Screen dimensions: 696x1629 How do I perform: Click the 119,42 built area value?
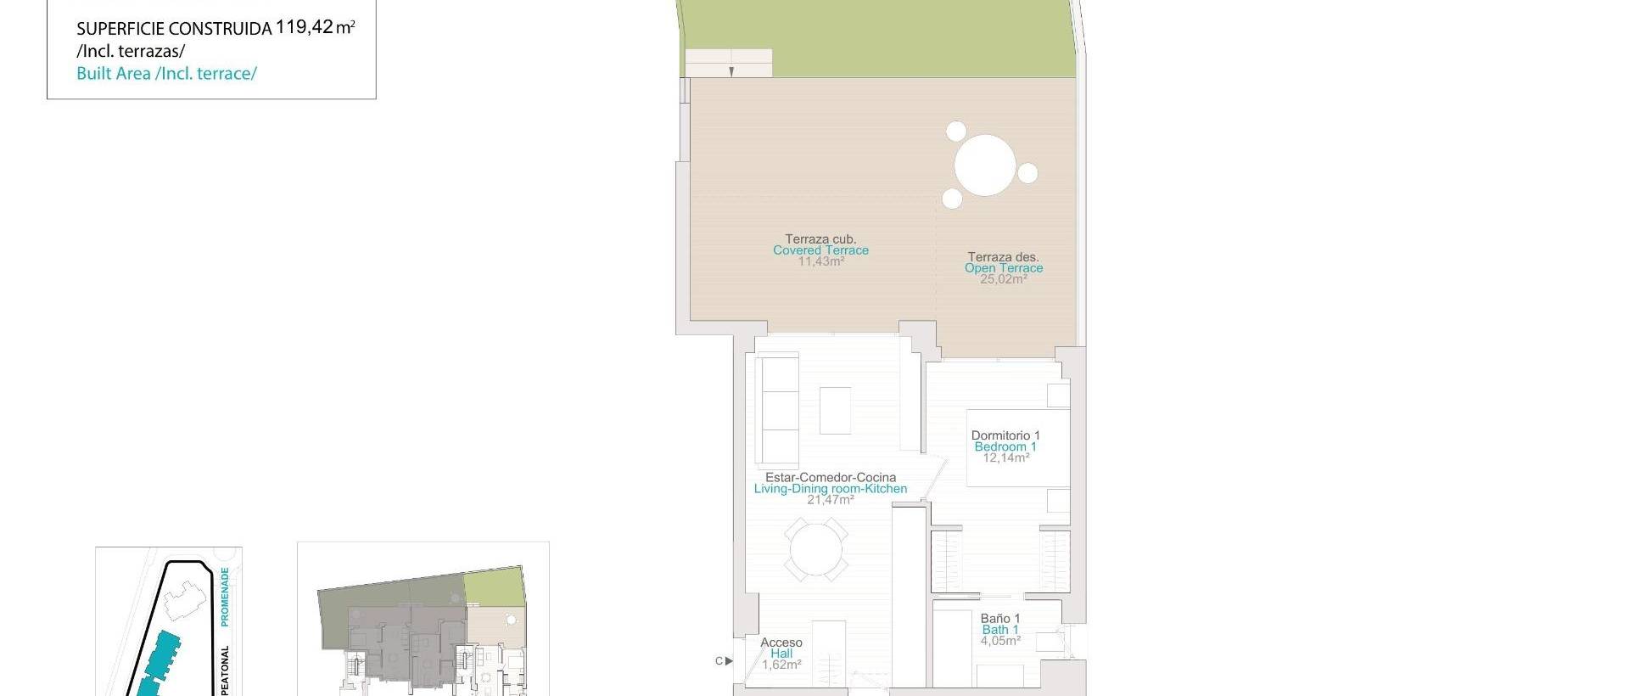click(x=305, y=27)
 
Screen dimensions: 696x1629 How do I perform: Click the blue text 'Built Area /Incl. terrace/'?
click(x=166, y=74)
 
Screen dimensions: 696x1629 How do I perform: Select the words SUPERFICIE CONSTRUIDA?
click(x=174, y=29)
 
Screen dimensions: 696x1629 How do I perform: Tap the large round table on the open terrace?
click(x=984, y=165)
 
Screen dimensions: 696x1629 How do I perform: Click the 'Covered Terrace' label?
click(x=820, y=250)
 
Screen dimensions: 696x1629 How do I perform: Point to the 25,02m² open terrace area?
click(x=1003, y=279)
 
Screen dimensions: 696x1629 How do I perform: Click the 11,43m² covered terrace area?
click(x=820, y=261)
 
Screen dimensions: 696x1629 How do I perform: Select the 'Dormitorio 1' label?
click(x=1005, y=435)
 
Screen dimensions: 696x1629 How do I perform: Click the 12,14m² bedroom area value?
click(x=1005, y=457)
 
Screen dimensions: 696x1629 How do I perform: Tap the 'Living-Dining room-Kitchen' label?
click(x=830, y=489)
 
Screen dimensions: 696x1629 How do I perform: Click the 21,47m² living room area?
click(x=830, y=500)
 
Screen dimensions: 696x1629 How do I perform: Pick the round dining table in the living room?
click(x=815, y=550)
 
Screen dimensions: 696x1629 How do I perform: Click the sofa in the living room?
click(x=777, y=409)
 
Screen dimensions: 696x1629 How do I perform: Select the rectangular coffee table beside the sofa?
click(x=835, y=410)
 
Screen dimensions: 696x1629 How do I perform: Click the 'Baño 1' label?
click(x=1000, y=619)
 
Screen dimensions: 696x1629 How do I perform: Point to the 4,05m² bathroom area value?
click(x=1000, y=641)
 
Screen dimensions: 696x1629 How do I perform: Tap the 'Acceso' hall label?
click(x=781, y=643)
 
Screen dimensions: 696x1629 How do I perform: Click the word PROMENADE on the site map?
click(x=225, y=597)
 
